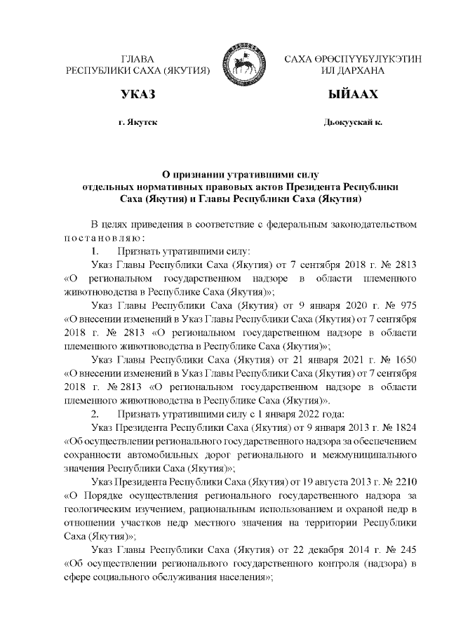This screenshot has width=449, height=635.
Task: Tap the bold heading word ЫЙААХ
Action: (354, 95)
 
